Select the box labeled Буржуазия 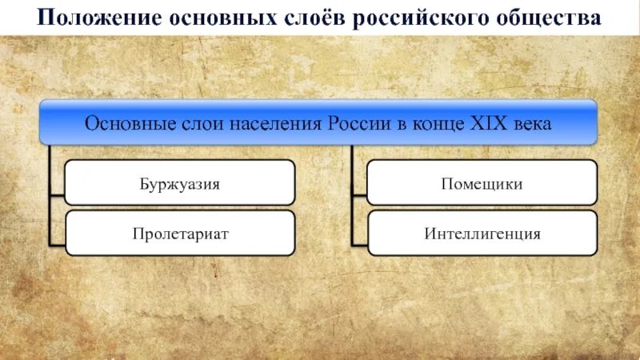coord(179,182)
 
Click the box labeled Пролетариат coord(179,234)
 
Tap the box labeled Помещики coord(482,182)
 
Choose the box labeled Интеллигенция coord(482,234)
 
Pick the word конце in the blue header coord(438,124)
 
